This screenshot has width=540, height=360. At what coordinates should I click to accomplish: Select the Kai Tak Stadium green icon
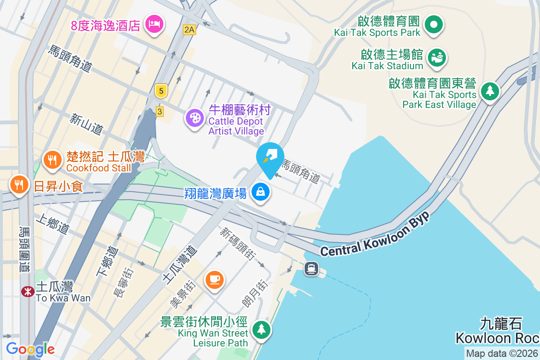[x=436, y=57]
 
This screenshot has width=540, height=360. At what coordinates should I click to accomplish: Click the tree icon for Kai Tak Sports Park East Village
[x=490, y=91]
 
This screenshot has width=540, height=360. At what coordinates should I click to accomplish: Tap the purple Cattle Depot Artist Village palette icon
[x=195, y=118]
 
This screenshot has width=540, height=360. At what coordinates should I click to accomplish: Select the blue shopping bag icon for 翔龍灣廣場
[x=261, y=192]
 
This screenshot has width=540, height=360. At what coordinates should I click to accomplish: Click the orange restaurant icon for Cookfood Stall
[x=53, y=159]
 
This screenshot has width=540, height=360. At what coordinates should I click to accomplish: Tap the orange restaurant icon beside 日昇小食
[x=19, y=184]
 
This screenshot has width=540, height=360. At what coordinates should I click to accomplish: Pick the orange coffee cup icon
[x=214, y=279]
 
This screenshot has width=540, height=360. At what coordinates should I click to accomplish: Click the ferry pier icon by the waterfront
[x=311, y=269]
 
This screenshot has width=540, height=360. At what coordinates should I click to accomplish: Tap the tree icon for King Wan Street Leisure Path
[x=261, y=329]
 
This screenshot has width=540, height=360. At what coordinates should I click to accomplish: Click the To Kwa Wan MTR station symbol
[x=28, y=292]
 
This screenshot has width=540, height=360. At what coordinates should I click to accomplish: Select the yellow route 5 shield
[x=161, y=91]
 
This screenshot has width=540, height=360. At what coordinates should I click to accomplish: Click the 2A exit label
[x=189, y=30]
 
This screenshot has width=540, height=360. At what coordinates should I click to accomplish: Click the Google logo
[x=31, y=349]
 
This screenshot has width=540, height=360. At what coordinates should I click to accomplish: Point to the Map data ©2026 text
[x=502, y=353]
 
